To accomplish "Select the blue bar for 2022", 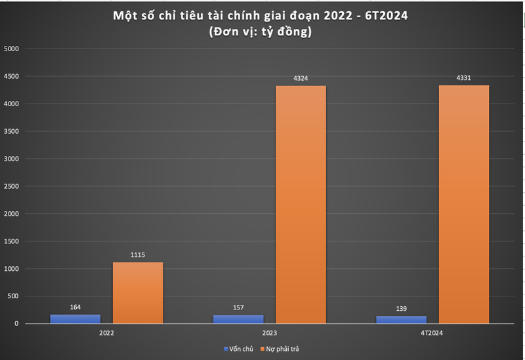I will [75, 319].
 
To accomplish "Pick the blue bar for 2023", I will [238, 319].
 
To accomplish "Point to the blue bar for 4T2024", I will [401, 320].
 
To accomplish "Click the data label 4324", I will [301, 79].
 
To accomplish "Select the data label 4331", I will [463, 78].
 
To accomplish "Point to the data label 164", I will [75, 307].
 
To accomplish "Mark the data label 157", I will [238, 308].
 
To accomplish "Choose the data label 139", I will [401, 309].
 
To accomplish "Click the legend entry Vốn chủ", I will [240, 349].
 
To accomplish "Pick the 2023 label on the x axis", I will [269, 332].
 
